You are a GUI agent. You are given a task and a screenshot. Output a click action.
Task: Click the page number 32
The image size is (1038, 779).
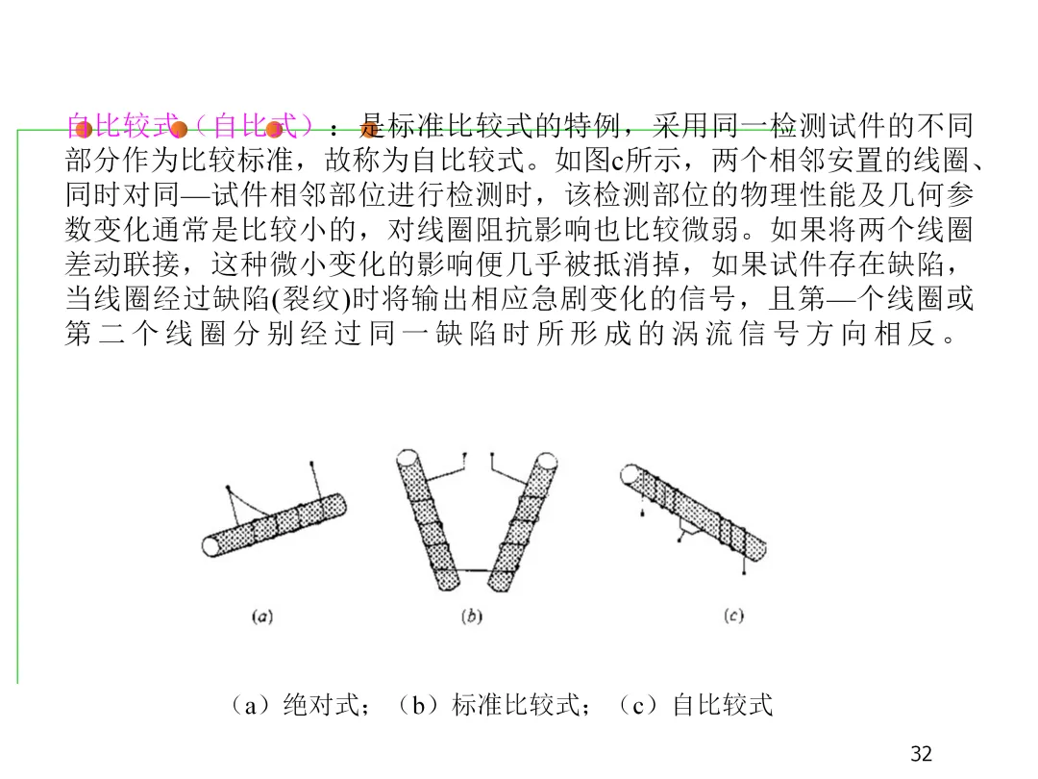click(921, 754)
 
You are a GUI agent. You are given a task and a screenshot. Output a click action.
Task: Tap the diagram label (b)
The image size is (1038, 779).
click(471, 616)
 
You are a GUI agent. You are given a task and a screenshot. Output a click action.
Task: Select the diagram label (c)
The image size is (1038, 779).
click(733, 616)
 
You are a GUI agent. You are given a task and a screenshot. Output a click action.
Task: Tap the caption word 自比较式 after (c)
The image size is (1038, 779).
click(722, 706)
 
